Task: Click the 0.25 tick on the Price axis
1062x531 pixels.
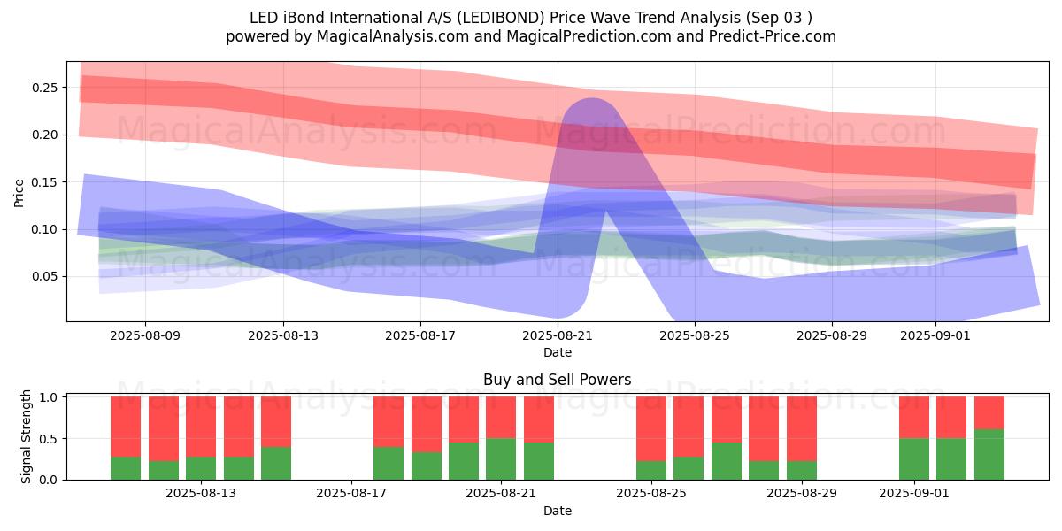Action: coord(45,88)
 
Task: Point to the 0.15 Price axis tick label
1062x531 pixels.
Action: coord(45,182)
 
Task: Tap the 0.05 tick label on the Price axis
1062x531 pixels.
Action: coord(45,276)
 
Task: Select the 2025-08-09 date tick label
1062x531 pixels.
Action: coord(146,336)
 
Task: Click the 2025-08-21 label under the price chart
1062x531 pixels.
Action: coord(558,336)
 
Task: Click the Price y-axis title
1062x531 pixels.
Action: coord(19,192)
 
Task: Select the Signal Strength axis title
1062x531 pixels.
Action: coord(27,436)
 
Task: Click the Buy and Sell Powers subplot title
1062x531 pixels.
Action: coord(558,380)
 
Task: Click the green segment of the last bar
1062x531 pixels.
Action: coord(989,455)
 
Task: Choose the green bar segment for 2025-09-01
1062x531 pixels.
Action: coord(914,458)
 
